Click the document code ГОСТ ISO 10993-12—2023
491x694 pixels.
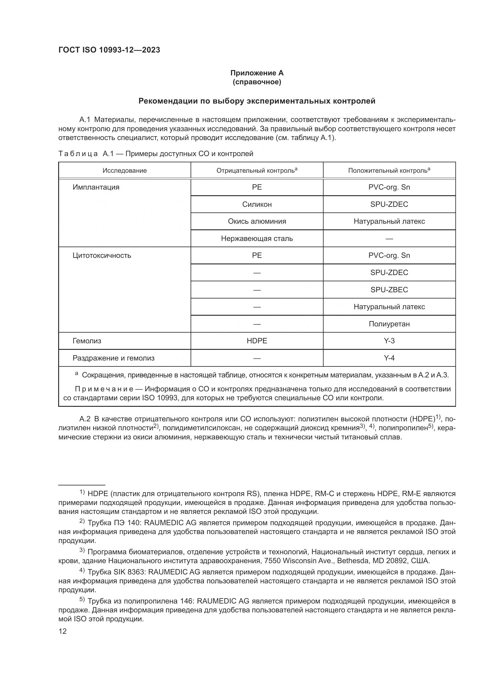(109, 50)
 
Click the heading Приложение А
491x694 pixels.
(257, 73)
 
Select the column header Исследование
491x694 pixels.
(125, 171)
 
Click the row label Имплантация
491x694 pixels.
(96, 187)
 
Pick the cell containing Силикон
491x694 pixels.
(257, 204)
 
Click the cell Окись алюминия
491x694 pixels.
(257, 221)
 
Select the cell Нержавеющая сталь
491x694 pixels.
(257, 239)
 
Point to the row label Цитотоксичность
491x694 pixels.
(102, 255)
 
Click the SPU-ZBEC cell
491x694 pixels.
(389, 290)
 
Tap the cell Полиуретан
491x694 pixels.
(389, 324)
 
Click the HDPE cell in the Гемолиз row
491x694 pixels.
(257, 341)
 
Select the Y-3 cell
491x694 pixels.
(389, 341)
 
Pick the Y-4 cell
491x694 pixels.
(389, 358)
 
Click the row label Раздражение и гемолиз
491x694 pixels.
(113, 358)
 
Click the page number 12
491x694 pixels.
(63, 631)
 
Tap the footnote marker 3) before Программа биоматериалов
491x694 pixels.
(82, 550)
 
